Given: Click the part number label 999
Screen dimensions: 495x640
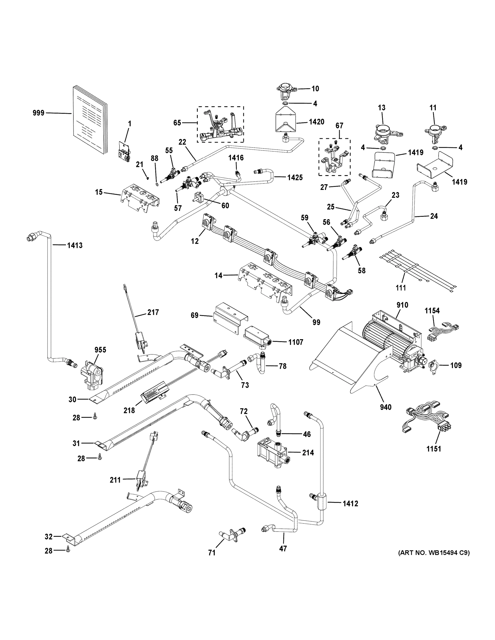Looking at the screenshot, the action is (38, 113).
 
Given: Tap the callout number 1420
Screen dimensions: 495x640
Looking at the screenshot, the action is (316, 122).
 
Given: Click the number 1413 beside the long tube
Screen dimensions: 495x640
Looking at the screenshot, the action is (75, 245).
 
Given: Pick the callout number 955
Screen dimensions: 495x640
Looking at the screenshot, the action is (100, 350).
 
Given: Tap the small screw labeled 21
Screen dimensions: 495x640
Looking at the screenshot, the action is (148, 177).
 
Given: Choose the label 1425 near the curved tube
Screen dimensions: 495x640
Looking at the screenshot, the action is (295, 177).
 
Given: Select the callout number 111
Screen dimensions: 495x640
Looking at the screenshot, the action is (401, 288).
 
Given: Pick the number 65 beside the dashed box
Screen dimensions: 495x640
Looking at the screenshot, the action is (177, 122).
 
